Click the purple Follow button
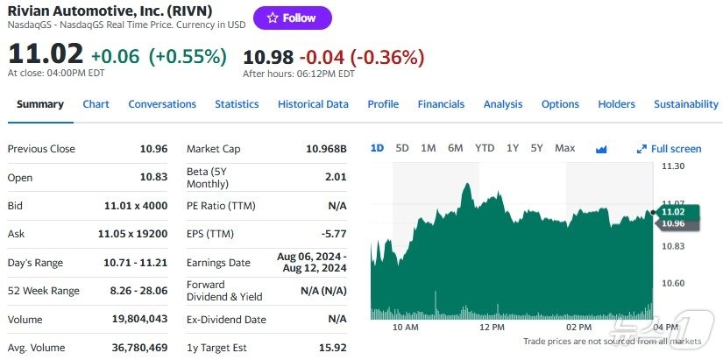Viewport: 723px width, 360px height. [293, 18]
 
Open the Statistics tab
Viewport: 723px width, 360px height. [237, 104]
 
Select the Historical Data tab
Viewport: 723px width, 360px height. [313, 104]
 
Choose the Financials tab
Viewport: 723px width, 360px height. [441, 104]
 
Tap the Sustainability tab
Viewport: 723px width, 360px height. [685, 104]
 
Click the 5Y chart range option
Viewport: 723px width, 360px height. [536, 148]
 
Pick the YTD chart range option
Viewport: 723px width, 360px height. [485, 148]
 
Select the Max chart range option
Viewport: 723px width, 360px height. [565, 148]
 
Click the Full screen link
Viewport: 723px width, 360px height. [670, 149]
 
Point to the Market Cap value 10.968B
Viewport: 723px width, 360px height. [326, 149]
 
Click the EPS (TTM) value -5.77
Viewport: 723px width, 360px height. [335, 234]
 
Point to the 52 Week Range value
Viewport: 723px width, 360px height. [135, 291]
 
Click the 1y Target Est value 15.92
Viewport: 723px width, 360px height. [333, 348]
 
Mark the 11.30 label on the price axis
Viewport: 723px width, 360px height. [672, 166]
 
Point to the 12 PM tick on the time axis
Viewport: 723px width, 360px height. [493, 327]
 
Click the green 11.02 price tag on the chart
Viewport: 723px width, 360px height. [672, 212]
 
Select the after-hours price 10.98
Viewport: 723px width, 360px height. [268, 57]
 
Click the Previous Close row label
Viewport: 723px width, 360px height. [41, 149]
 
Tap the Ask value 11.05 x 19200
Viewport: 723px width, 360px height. [131, 234]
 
